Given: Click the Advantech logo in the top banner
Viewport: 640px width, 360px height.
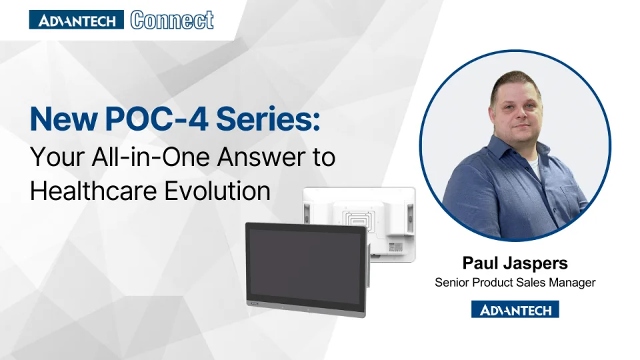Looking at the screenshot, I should (77, 20).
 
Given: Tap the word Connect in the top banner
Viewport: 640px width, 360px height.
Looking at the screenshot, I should (173, 20).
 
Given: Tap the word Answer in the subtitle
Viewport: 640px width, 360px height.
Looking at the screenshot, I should (249, 159).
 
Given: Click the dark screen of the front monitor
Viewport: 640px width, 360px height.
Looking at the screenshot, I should (305, 263).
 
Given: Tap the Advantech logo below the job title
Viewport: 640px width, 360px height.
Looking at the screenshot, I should (515, 309).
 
